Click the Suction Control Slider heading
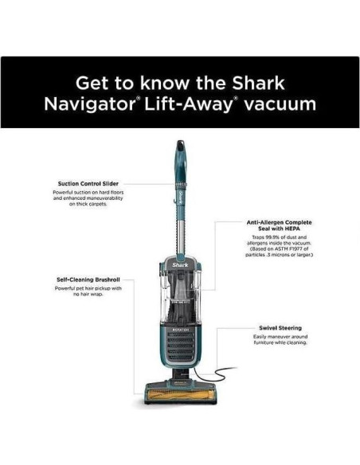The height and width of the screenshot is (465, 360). (x=88, y=183)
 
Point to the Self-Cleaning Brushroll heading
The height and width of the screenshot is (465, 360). (x=88, y=279)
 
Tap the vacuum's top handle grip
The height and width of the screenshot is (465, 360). (x=180, y=155)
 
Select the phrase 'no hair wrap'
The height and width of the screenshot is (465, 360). (x=88, y=295)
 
